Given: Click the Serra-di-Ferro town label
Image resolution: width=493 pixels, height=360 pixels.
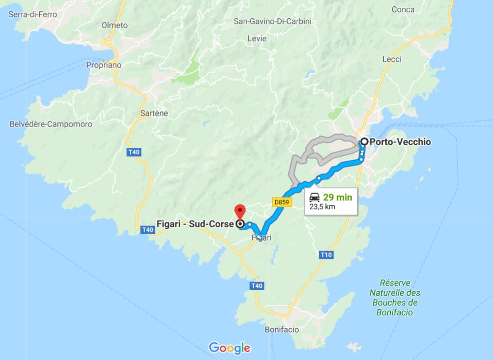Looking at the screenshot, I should tap(33, 14).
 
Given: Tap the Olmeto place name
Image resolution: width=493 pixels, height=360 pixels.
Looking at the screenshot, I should tap(115, 25).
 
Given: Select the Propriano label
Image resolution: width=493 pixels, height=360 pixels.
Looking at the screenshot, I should tap(104, 65).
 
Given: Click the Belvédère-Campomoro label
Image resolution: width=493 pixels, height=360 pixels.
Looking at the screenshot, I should tap(51, 124).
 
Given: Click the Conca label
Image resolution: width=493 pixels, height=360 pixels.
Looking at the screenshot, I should tap(403, 9).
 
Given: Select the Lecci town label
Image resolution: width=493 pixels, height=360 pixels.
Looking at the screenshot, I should tap(392, 59).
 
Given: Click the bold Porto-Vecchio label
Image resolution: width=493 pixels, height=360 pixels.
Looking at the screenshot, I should tap(401, 142).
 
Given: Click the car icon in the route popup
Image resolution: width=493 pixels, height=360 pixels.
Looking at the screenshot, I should tap(315, 197).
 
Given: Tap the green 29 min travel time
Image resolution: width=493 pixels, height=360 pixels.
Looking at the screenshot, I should tap(338, 197).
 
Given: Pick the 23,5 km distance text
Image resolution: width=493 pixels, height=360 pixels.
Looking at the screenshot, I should tap(322, 207).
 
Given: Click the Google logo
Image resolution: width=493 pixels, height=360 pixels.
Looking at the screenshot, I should tap(230, 348).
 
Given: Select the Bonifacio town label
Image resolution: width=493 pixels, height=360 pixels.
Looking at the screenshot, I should tap(282, 330).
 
